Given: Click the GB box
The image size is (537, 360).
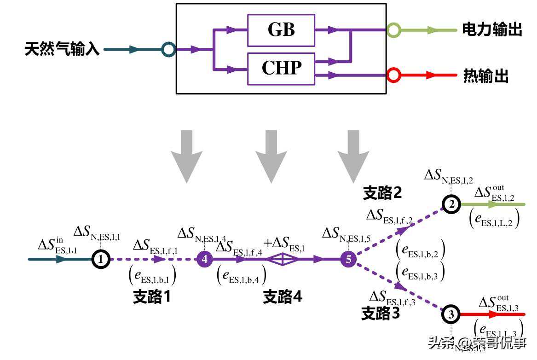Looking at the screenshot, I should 281,30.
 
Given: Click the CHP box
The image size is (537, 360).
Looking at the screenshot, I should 281,69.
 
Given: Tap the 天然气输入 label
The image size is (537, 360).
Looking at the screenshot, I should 62,49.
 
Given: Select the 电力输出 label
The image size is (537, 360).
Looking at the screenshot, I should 492,30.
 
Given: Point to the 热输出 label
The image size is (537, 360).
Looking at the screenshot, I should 486,76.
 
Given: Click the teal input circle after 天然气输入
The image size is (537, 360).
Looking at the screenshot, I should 168,49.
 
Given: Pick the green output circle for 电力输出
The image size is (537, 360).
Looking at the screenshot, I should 393,30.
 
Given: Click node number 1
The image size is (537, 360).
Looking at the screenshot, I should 100,260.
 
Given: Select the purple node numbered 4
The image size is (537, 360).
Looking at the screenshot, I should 205,260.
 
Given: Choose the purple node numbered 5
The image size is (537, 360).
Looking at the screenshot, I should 348,260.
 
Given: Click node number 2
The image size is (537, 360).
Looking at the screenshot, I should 451,204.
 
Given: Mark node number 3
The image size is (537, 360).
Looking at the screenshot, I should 451,314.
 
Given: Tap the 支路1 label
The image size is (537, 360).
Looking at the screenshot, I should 152,297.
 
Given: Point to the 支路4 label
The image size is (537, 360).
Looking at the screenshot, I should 283,297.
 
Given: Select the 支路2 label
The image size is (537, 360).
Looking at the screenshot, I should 382,193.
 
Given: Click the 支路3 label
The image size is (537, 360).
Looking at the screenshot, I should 381,314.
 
